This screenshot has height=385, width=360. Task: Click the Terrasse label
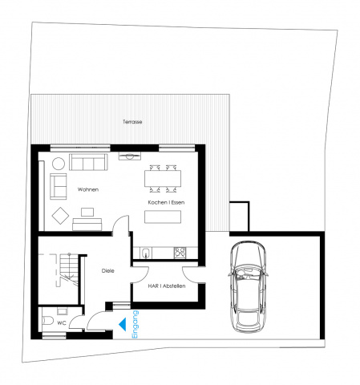pos(132,122)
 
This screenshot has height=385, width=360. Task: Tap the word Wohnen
pos(88,189)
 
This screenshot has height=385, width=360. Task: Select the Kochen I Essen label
pos(166,202)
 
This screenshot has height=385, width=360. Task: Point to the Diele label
pos(108,271)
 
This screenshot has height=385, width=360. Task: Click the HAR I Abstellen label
pos(167,286)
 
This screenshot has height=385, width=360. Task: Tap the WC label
pos(62,323)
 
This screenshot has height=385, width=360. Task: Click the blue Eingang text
pos(136,324)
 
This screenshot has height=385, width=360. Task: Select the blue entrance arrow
pos(123,324)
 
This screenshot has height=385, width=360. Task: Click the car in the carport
pos(249,287)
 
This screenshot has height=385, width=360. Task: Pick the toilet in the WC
pos(48,320)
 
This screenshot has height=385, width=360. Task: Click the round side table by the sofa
pos(59,164)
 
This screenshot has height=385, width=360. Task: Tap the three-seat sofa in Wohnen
pos(88,162)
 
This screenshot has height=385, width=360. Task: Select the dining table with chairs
pos(163,178)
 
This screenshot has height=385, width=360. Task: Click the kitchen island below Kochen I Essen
pos(163,217)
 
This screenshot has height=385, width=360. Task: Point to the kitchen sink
pos(146,253)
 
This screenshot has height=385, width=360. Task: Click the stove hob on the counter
pos(180,253)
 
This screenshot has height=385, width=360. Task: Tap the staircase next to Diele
pos(69,270)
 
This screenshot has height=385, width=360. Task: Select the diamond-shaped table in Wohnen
pos(60,216)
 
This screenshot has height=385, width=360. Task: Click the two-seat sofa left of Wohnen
pos(59,186)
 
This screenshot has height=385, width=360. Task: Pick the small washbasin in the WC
pos(63,311)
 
